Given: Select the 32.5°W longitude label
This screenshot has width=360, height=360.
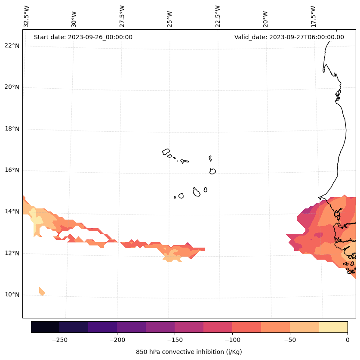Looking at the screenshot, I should click(27, 16).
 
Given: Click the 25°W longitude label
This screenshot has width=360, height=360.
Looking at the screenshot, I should click(170, 19).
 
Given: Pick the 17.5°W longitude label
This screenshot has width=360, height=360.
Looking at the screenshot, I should click(313, 16).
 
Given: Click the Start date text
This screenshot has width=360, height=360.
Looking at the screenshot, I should click(83, 37).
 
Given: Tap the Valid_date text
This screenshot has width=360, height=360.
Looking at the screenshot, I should click(289, 37).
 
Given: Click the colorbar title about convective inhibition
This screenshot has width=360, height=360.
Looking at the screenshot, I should click(189, 352).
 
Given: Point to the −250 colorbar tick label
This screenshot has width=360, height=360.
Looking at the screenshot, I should click(59, 340).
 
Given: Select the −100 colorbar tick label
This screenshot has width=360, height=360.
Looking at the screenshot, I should click(232, 340).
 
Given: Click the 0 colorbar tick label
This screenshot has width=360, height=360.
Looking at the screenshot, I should click(348, 340).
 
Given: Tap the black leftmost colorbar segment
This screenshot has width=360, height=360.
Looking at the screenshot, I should click(45, 327).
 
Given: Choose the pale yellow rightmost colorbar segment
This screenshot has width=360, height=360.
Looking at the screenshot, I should click(333, 327).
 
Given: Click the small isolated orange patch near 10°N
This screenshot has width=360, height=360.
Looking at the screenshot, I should click(42, 292).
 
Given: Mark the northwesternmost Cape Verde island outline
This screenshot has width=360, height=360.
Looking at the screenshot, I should click(166, 152).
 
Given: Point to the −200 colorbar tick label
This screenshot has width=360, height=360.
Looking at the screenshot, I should click(117, 340).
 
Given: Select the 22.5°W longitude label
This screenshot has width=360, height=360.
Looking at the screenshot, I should click(218, 16).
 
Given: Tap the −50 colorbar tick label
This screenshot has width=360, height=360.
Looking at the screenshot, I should click(290, 340).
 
